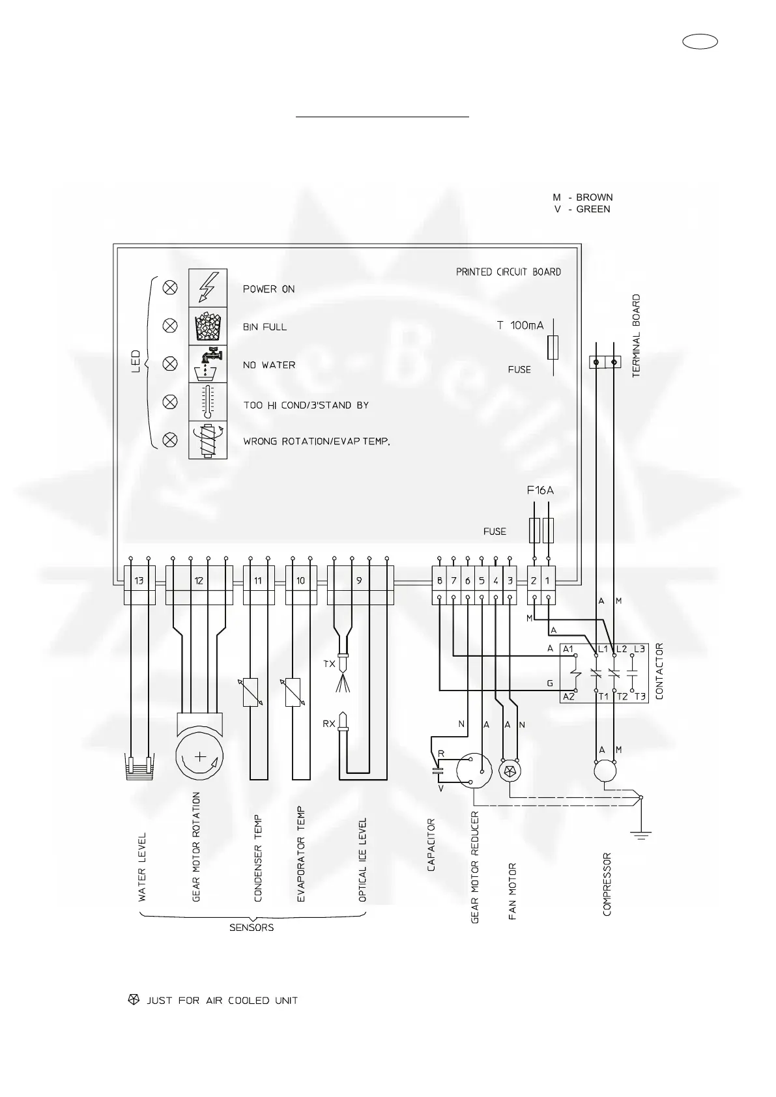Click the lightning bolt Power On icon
pyautogui.click(x=208, y=287)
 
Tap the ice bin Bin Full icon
pyautogui.click(x=208, y=326)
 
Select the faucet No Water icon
pyautogui.click(x=208, y=364)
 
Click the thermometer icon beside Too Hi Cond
pyautogui.click(x=208, y=402)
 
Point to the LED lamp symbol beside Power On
pyautogui.click(x=170, y=287)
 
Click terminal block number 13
pyautogui.click(x=139, y=580)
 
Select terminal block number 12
pyautogui.click(x=199, y=580)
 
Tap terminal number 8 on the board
pyautogui.click(x=440, y=580)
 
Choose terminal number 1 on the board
pyautogui.click(x=548, y=580)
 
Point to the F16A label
pyautogui.click(x=540, y=491)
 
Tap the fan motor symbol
pyautogui.click(x=509, y=771)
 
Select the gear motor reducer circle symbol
pyautogui.click(x=475, y=771)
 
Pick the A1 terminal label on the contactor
pyautogui.click(x=568, y=649)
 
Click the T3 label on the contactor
pyautogui.click(x=640, y=696)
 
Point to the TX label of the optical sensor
pyautogui.click(x=329, y=664)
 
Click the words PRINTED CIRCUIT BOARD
pyautogui.click(x=508, y=272)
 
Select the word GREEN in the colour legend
pyautogui.click(x=593, y=209)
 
